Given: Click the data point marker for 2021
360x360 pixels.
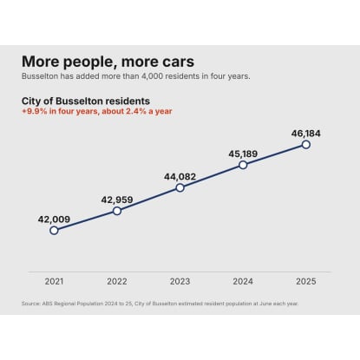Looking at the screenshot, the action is tap(54, 231).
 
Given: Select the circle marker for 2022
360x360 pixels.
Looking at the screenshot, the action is tap(117, 211).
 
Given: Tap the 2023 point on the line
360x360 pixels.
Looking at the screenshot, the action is tap(180, 188).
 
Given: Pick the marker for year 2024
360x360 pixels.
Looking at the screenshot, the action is tap(243, 165).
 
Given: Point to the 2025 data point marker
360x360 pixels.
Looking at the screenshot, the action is tap(306, 145).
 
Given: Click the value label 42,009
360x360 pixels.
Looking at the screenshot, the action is tap(54, 219).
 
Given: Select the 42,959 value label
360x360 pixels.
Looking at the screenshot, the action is tap(117, 200).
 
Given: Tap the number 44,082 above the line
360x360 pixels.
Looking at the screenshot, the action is tap(180, 177).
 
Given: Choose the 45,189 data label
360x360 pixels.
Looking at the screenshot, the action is tap(243, 154).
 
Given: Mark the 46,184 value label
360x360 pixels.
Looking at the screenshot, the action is tap(306, 134).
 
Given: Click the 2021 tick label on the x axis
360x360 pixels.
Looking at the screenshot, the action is tap(54, 281).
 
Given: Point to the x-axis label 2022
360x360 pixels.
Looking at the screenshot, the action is tap(117, 281).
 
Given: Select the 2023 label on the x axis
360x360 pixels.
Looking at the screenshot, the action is tap(180, 281).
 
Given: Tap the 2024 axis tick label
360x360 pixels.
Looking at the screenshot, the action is tap(243, 281).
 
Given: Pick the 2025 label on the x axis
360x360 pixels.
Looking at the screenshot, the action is tap(306, 281).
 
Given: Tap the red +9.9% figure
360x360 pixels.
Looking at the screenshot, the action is tap(35, 111).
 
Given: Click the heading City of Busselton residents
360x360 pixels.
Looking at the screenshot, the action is tap(86, 101).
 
